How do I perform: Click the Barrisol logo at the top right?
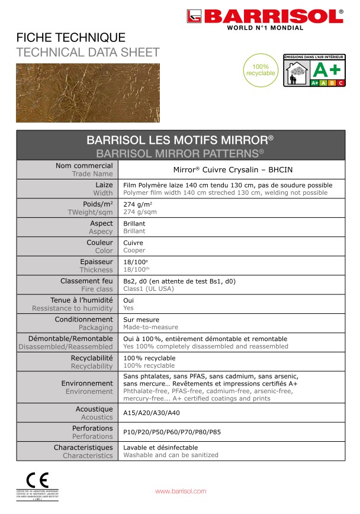click(265, 18)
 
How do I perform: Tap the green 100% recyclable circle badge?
click(260, 70)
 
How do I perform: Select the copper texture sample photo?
click(88, 93)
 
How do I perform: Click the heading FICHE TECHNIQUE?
click(71, 38)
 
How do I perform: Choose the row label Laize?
click(104, 185)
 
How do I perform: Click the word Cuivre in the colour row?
click(133, 243)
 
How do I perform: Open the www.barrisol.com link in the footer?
click(181, 491)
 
